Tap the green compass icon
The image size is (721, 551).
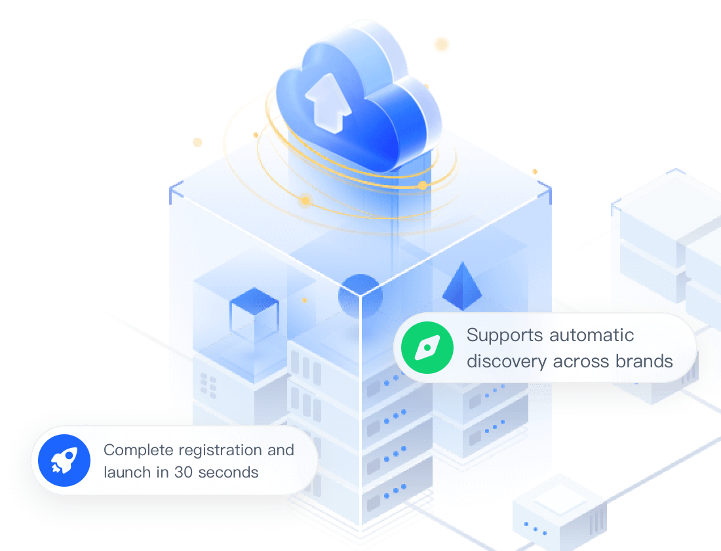(x=427, y=348)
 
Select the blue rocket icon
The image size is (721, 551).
(x=64, y=460)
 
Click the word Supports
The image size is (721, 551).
(x=505, y=336)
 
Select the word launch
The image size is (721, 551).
(x=127, y=472)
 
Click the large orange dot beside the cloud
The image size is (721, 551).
(x=442, y=45)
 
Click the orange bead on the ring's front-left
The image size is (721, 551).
(x=305, y=201)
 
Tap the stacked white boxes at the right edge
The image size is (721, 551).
(x=669, y=243)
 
